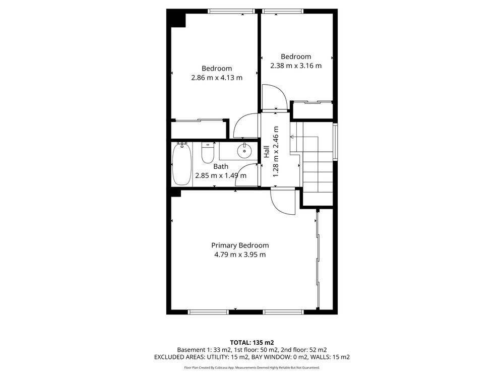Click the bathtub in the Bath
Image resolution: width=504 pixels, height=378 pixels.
click(182, 164)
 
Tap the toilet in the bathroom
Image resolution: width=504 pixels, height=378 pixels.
click(208, 153)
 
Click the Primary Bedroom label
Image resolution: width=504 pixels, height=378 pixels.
click(240, 245)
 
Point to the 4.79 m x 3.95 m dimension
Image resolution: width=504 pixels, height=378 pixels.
click(240, 255)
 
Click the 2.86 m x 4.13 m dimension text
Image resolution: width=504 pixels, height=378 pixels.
click(217, 78)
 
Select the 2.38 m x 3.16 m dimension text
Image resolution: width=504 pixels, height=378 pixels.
click(296, 66)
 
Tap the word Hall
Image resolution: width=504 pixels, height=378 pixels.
click(267, 152)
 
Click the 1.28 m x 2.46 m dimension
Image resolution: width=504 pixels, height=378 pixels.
click(276, 152)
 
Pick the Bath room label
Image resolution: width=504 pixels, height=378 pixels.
click(221, 166)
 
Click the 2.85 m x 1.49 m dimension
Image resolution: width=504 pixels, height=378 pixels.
click(221, 175)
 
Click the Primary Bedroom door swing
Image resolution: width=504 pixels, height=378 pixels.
click(283, 203)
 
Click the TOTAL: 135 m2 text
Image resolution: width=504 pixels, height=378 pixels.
click(252, 343)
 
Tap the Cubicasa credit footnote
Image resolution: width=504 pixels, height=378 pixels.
click(252, 367)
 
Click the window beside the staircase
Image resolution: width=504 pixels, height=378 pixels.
click(335, 142)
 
